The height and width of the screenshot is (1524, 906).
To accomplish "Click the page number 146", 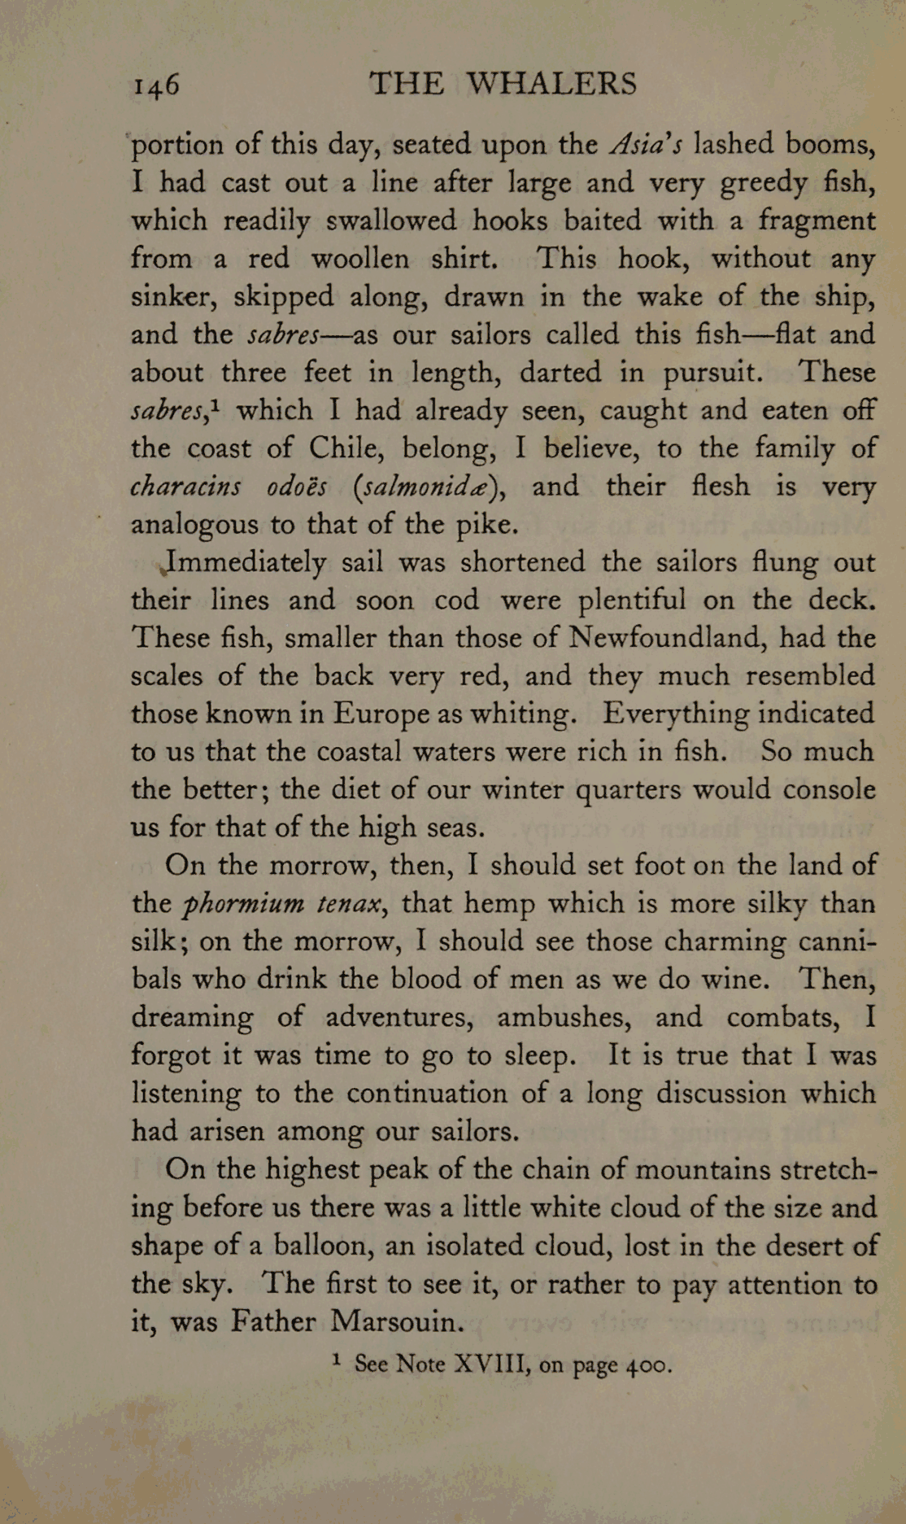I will tap(156, 85).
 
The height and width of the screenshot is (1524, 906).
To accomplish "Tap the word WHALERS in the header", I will tap(552, 83).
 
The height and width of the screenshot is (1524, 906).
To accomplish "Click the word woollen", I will tap(361, 259).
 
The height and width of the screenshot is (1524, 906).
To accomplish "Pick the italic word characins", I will tap(185, 487).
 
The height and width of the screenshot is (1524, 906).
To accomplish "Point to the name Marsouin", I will tap(396, 1321).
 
